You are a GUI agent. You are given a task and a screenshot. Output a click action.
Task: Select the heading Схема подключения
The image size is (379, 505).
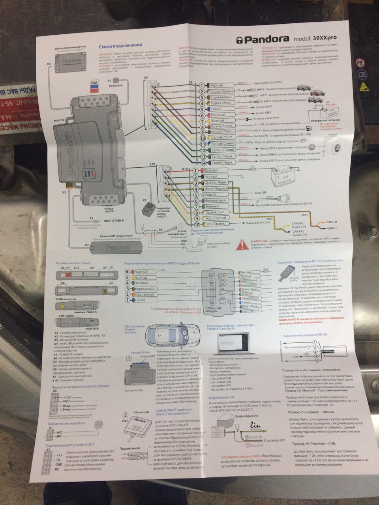[x=120, y=46]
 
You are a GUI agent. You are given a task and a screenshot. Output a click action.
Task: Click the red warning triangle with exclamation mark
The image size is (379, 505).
[x=240, y=246]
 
